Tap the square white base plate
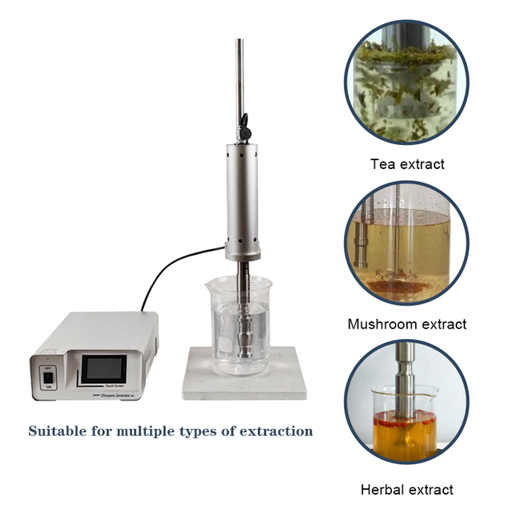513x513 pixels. click(x=240, y=381)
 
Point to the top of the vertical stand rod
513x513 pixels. click(x=240, y=42)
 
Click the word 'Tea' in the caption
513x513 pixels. click(x=383, y=164)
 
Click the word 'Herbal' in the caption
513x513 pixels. click(x=384, y=489)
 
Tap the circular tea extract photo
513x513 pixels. click(x=406, y=82)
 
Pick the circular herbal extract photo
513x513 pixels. click(x=406, y=410)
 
